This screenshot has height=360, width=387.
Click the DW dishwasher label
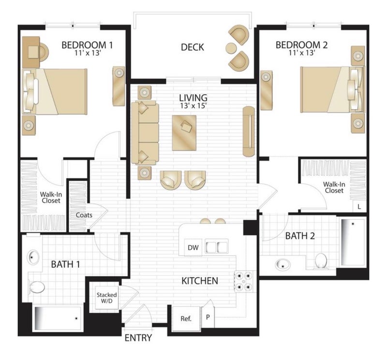pos(193,247)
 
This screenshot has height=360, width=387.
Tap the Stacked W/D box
pos(107,298)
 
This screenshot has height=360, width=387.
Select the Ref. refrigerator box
pos(186,318)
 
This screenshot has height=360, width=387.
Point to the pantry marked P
pos(208,317)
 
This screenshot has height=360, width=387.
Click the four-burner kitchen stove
pos(243,281)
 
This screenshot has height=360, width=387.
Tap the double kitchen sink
pos(216,247)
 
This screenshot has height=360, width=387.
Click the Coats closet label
pos(84,215)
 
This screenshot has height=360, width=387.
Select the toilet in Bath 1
pos(37,287)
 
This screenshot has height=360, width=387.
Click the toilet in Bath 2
pos(321,260)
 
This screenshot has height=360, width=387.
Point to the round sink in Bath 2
pos(283,265)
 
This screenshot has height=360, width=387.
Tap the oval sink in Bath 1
pos(33,257)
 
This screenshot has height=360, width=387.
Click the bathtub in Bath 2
pos(353,242)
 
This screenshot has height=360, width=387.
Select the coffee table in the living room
pos(184,133)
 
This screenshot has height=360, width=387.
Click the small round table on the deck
pos(231,47)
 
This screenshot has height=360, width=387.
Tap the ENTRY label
pos(138,338)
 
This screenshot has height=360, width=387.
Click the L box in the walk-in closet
pos(359,206)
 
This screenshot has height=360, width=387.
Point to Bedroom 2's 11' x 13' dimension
pos(301,53)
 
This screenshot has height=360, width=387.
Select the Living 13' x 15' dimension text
pos(193,105)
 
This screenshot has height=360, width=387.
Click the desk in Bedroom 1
pos(31,52)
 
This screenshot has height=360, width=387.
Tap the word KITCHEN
pos(200,281)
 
